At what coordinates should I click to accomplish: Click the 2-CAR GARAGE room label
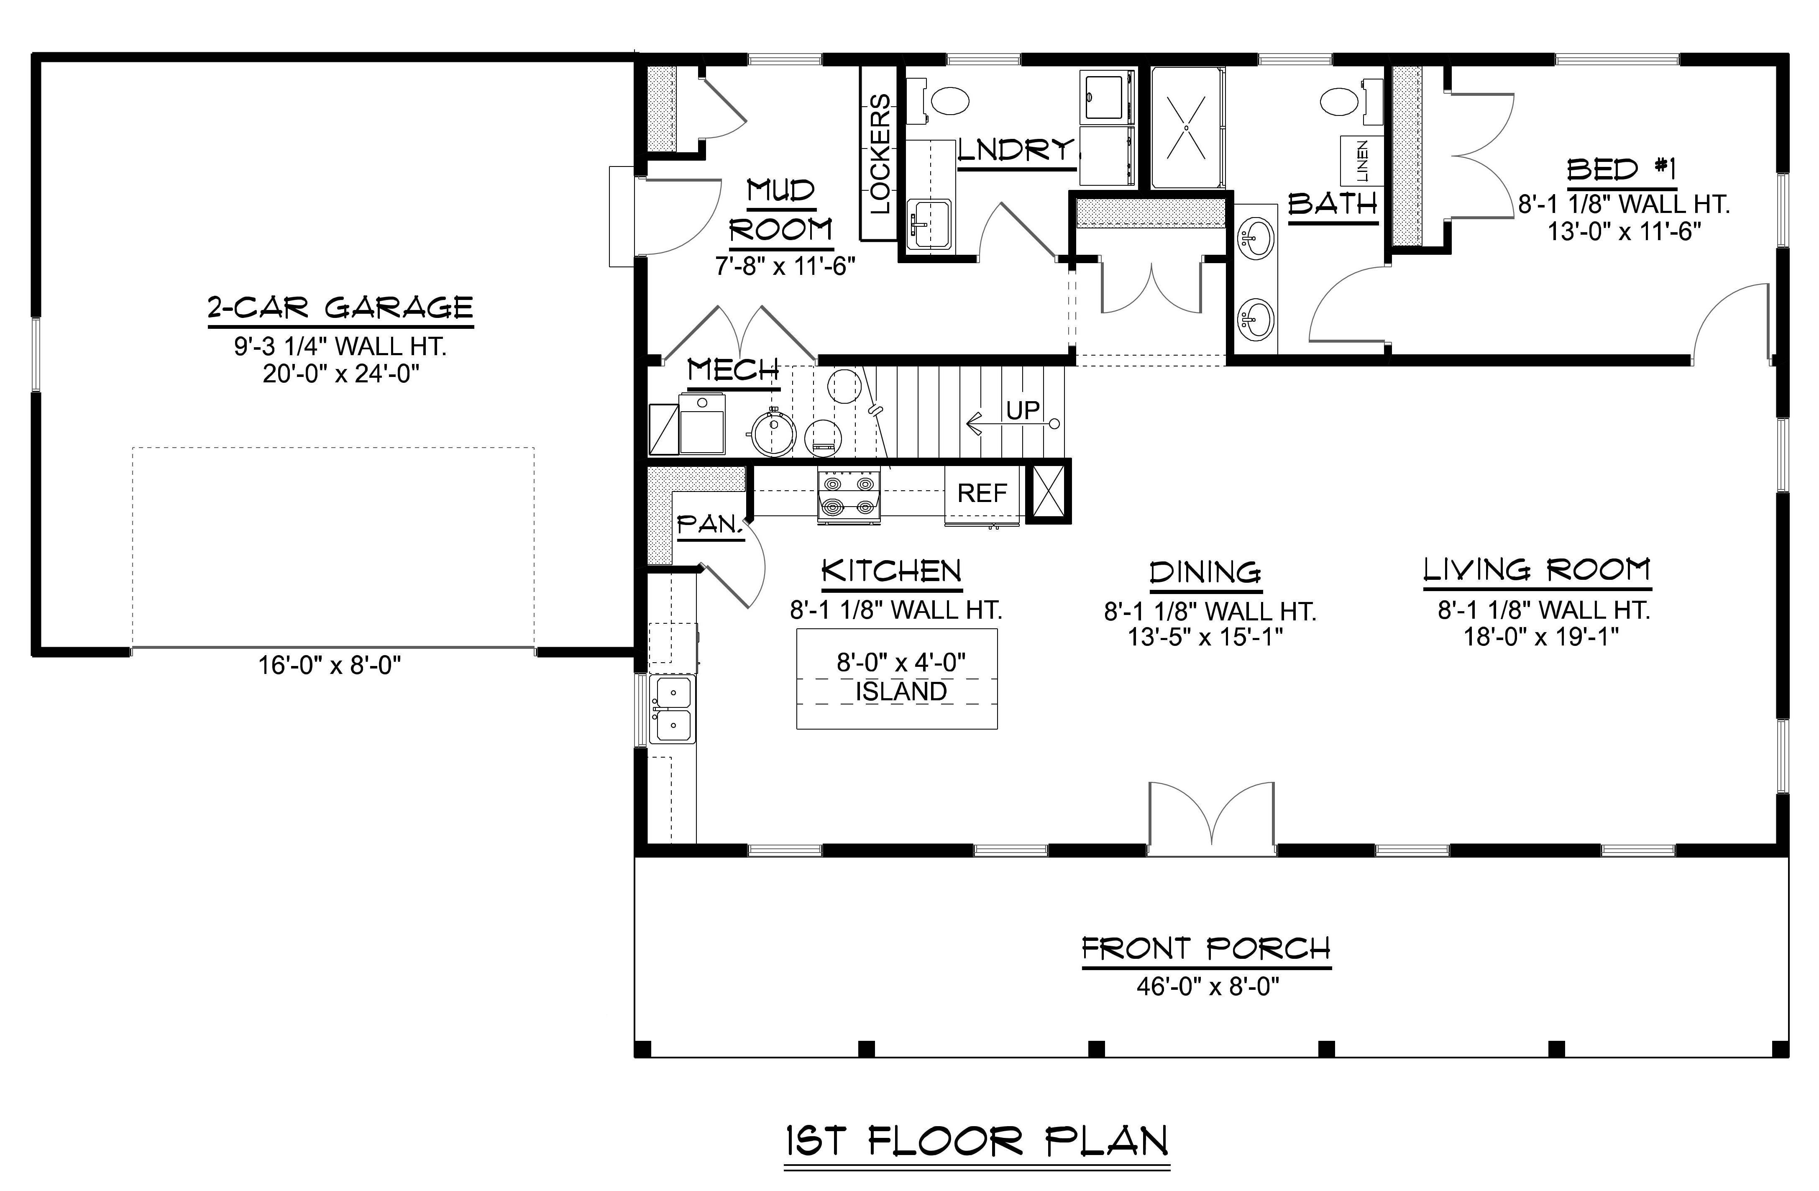click(340, 308)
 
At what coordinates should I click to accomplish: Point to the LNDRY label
click(1015, 151)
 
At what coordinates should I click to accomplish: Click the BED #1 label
click(1621, 170)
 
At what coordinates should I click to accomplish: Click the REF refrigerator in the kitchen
click(982, 493)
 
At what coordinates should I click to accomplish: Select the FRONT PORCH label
click(1206, 949)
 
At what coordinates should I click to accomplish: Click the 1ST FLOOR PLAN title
click(977, 1141)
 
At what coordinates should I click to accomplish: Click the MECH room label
click(733, 371)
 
